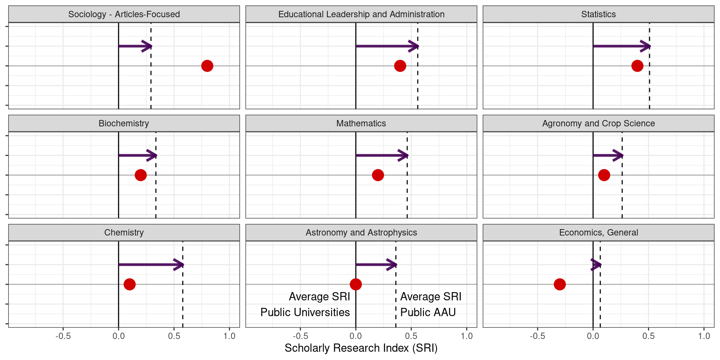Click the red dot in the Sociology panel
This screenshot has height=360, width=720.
(207, 66)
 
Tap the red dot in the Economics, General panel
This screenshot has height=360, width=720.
(559, 284)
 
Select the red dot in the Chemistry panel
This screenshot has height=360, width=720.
(129, 284)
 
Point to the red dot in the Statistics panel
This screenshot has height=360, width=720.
(637, 66)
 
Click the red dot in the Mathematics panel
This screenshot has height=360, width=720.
(378, 175)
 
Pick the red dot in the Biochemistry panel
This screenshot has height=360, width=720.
(141, 175)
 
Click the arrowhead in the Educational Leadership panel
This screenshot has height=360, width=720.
(414, 46)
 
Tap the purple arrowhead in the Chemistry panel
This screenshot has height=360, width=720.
(179, 265)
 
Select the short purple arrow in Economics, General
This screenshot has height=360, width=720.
(596, 265)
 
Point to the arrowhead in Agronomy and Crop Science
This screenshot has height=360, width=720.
(618, 155)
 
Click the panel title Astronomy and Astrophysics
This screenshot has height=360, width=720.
(361, 232)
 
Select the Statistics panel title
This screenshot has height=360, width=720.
(598, 14)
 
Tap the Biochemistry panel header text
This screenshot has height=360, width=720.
(124, 123)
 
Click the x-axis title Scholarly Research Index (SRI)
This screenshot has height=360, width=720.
(361, 348)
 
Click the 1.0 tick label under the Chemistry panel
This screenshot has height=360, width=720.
(229, 336)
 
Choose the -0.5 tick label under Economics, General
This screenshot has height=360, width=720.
(537, 336)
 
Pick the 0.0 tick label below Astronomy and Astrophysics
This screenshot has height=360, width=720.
(355, 336)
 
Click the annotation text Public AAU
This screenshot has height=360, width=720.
(428, 312)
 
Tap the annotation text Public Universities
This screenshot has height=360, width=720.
(305, 312)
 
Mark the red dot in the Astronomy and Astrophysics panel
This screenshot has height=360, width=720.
(355, 284)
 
